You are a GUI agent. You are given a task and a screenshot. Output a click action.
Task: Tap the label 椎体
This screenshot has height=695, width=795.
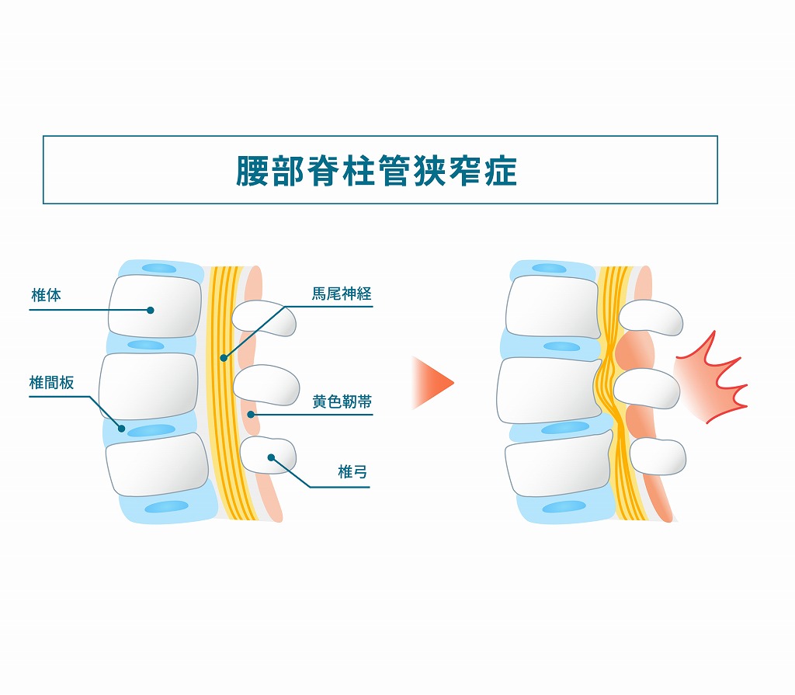pos(46,296)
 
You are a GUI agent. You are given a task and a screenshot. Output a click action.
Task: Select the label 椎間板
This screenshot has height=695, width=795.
pos(52,382)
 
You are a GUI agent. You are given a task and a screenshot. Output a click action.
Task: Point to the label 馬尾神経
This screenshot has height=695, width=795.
pos(342,294)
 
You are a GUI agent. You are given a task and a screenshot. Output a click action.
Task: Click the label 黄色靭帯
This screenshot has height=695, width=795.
pos(342,401)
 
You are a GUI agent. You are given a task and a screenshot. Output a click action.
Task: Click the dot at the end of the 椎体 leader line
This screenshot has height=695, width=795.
pos(151,310)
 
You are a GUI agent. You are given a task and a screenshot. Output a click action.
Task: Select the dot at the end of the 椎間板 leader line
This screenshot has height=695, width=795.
pos(122,428)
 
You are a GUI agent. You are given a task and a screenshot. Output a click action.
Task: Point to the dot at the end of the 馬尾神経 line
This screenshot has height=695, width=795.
pos(223,358)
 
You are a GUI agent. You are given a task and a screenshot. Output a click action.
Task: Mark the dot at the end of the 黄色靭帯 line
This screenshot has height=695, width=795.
pos(251,415)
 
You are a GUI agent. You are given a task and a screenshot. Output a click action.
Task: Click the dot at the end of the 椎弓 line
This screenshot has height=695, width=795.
pos(271,457)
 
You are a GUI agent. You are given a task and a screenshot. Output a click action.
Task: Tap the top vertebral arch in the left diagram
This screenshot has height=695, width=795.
pos(265,318)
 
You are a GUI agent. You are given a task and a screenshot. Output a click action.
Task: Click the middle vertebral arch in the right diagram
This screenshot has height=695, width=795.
pos(646,387)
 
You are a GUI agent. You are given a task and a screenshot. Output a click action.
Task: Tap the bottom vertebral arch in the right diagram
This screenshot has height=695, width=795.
pos(657,456)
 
